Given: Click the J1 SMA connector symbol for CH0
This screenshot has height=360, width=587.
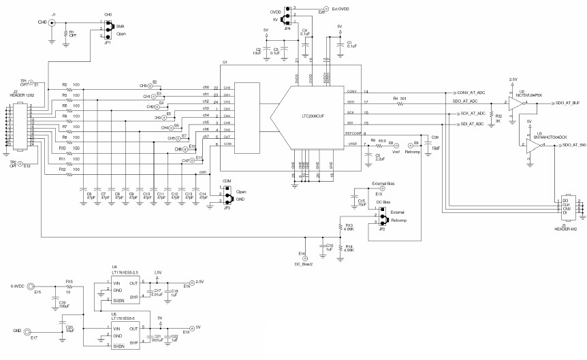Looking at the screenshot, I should (x=52, y=22).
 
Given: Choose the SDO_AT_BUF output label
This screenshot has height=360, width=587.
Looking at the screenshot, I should (x=567, y=103).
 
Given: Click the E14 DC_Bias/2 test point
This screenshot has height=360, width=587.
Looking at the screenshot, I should (x=305, y=259).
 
